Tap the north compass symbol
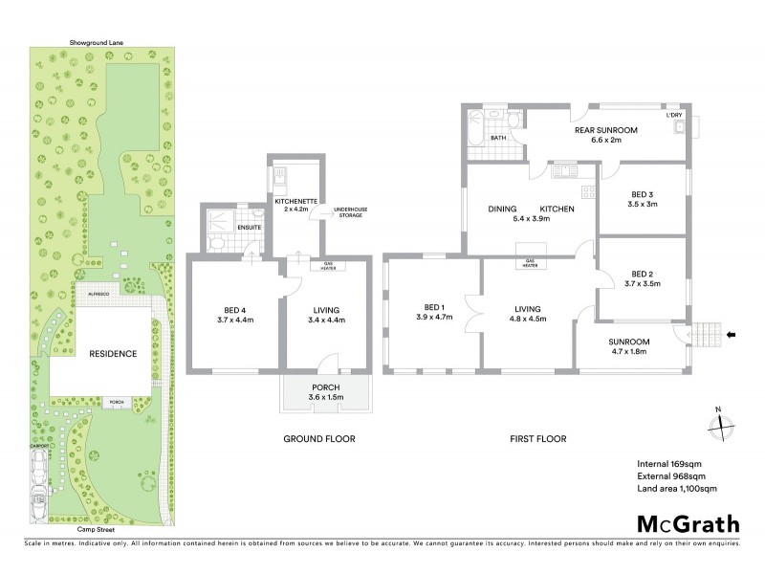[x=720, y=424]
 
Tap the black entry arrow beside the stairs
[x=732, y=334]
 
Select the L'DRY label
[x=675, y=115]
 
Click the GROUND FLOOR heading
[x=320, y=439]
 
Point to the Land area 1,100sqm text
[x=676, y=489]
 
